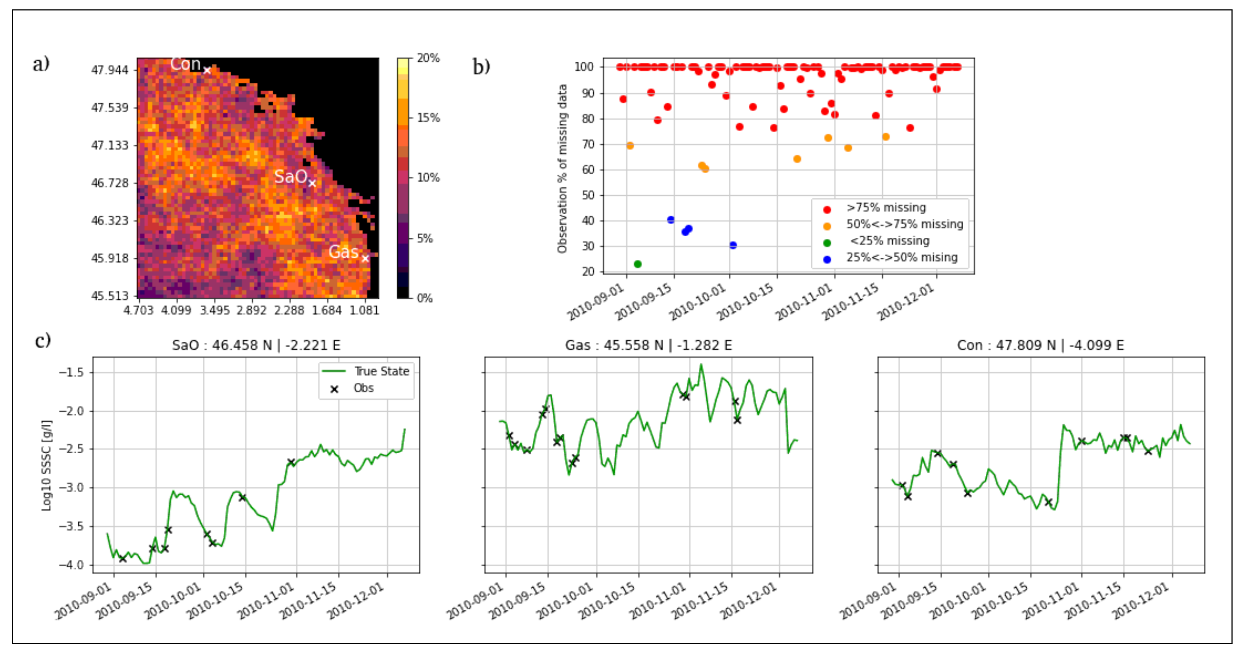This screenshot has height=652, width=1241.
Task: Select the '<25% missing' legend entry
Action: (889, 241)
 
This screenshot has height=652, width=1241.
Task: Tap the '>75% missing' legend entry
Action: (885, 208)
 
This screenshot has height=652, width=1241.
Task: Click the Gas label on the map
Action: (343, 252)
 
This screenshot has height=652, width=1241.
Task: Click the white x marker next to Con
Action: (207, 71)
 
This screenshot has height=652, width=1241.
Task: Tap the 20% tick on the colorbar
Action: (428, 58)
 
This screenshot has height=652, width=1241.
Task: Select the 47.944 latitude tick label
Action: (110, 71)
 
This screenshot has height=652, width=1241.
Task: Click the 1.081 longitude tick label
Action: (364, 310)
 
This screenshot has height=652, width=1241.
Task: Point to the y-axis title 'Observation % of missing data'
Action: (562, 169)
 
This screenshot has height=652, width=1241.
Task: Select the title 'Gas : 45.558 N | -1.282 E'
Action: (648, 345)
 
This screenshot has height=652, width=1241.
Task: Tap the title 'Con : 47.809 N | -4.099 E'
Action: (1040, 345)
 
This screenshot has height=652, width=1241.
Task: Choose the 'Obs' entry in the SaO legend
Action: (363, 388)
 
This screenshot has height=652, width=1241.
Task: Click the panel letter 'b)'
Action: (481, 66)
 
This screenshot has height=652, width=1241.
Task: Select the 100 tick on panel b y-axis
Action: (584, 66)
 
